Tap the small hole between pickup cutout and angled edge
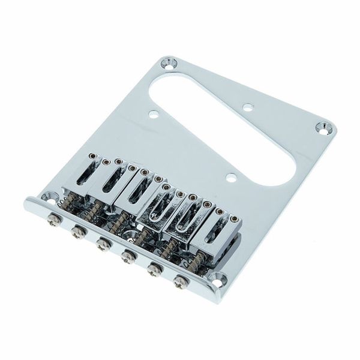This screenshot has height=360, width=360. pos(247,109)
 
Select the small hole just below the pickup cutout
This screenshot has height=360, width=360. pos(230,177)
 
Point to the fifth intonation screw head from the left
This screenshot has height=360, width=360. pos(154,269)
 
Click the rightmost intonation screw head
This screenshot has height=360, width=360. pos(179,281)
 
